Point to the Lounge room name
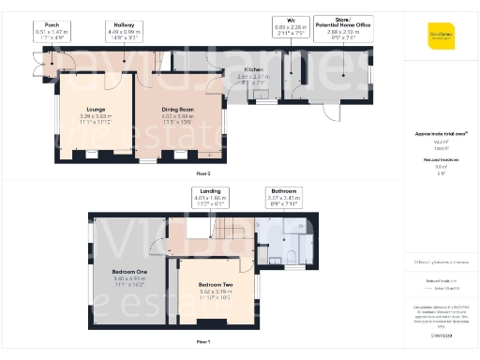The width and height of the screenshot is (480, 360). [x=96, y=111]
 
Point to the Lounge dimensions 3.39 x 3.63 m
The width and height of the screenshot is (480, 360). [x=96, y=117]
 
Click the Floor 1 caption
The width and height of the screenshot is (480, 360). [x=202, y=341]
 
